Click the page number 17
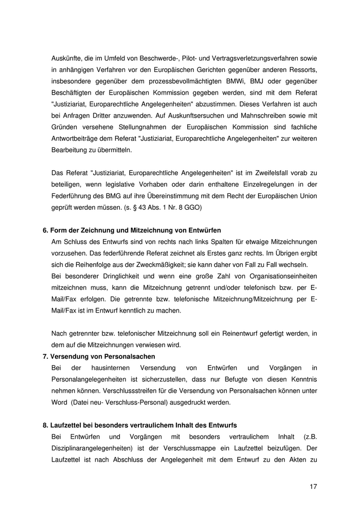[313, 486]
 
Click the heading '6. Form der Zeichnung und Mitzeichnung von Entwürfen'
[132, 230]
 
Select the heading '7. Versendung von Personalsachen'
[99, 356]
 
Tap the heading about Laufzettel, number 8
[139, 425]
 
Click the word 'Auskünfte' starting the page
[66, 58]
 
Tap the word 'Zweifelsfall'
[271, 173]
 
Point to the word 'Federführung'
[71, 195]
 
